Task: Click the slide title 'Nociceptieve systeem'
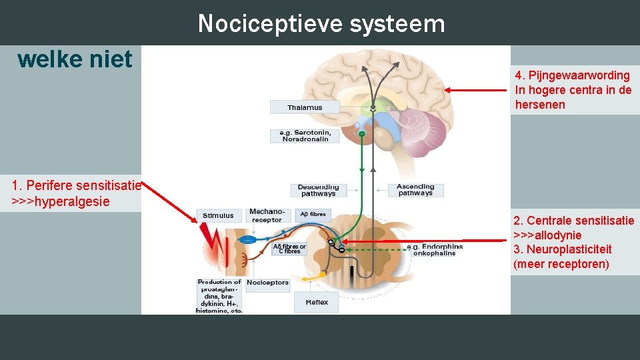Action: [321, 24]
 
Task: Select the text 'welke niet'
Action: [75, 59]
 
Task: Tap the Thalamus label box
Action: [305, 107]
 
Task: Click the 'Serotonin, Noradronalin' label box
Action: [305, 135]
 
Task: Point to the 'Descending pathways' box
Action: [318, 190]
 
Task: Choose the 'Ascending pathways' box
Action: [415, 190]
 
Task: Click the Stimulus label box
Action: [219, 215]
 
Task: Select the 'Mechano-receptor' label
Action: [266, 215]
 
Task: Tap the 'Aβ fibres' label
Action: [313, 214]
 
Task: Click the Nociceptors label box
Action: [267, 283]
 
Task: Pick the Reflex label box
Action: [317, 302]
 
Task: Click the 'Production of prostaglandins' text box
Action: [219, 296]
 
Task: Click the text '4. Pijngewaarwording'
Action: [572, 75]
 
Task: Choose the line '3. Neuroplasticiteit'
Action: [562, 249]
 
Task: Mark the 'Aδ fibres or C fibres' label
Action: [289, 249]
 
